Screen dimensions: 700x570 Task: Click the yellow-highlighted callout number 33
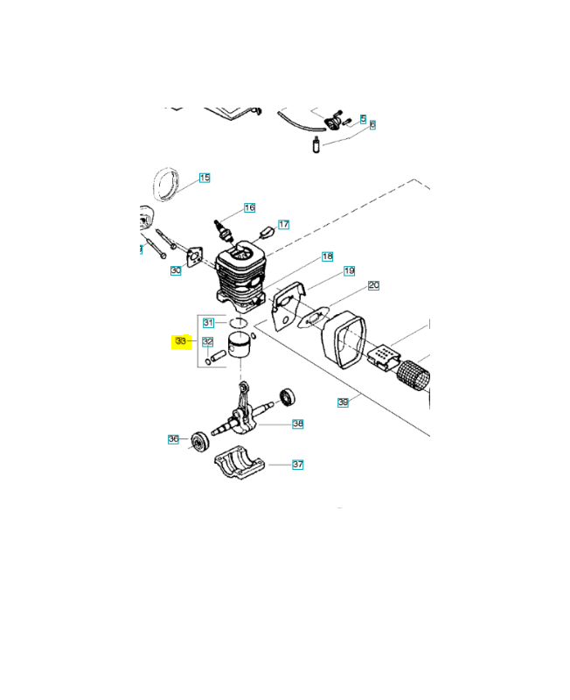pyautogui.click(x=180, y=340)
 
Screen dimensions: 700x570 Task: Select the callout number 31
pyautogui.click(x=208, y=323)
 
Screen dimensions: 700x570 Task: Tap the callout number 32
pyautogui.click(x=208, y=341)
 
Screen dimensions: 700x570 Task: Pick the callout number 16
pyautogui.click(x=249, y=207)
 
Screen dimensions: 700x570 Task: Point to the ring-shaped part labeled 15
pyautogui.click(x=167, y=184)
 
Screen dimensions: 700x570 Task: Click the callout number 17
pyautogui.click(x=283, y=224)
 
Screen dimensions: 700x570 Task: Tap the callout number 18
pyautogui.click(x=327, y=256)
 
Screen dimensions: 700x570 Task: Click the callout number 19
pyautogui.click(x=348, y=270)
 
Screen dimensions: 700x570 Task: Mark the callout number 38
pyautogui.click(x=297, y=423)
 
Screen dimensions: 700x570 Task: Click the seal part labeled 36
pyautogui.click(x=199, y=440)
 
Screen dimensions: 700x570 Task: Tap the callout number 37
pyautogui.click(x=297, y=465)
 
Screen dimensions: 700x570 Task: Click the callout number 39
pyautogui.click(x=343, y=402)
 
